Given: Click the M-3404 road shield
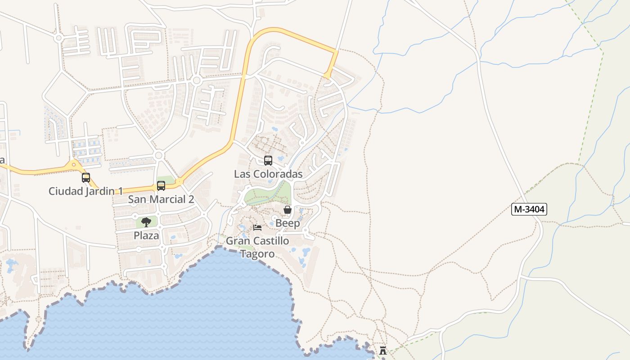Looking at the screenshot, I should pos(529,209).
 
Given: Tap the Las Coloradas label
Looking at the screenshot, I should pos(268,174).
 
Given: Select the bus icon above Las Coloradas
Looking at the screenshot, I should pos(268,161).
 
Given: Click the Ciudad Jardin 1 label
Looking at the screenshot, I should pos(85,191).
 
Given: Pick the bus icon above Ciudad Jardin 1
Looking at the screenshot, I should pos(86,178).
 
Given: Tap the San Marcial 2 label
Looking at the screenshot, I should pos(161,199).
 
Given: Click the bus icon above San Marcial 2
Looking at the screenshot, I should pos(161,186).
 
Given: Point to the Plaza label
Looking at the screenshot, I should pos(146,235).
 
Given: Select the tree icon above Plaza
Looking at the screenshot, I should pos(146,222).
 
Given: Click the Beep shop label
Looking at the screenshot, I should pos(288,223).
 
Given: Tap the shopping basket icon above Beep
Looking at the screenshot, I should pos(288,210).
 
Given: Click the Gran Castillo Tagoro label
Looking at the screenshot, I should pos(257,247).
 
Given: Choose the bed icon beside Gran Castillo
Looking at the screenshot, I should pos(257,227).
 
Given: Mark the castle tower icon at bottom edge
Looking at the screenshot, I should pos(383,351).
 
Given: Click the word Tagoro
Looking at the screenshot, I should pos(257,254).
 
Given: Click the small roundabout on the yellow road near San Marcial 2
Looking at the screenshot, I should pos(180,182).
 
